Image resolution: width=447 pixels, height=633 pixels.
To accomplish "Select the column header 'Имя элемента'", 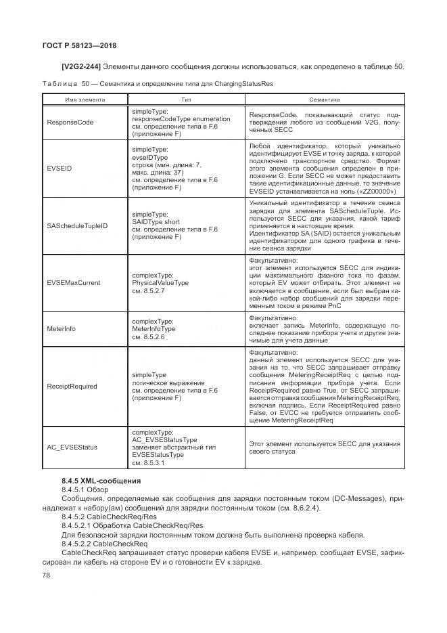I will point(85,100).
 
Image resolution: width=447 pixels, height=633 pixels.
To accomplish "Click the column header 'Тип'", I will point(186,100).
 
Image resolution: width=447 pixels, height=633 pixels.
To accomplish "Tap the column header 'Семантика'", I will point(324,100).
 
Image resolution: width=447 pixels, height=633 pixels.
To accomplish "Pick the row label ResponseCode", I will point(70,123).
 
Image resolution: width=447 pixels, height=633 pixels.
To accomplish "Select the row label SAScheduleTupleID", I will point(78,225).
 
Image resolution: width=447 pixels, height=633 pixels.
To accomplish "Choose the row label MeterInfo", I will point(61,328).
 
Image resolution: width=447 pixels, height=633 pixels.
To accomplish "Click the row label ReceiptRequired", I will point(72,387).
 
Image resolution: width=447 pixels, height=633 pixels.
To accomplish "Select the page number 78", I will point(47,575).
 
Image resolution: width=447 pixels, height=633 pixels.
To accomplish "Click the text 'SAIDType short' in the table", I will point(156,221).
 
